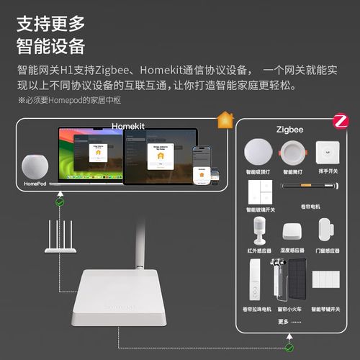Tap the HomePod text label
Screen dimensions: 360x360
35,184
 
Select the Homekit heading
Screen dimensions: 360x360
128,127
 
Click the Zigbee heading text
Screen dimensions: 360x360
289,129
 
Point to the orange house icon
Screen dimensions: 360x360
225,119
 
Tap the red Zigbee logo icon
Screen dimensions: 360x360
340,121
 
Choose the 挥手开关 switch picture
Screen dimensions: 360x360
328,153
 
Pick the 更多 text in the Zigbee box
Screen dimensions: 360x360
283,321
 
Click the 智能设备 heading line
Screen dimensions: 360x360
51,47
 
